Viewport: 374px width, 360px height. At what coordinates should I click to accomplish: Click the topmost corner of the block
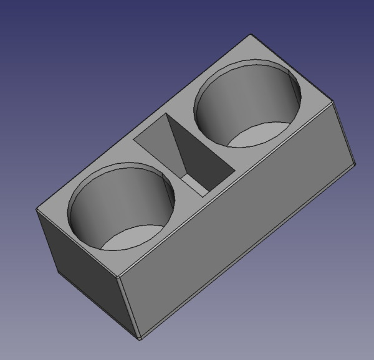point(251,35)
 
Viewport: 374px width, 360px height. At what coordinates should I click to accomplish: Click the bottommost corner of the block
point(140,339)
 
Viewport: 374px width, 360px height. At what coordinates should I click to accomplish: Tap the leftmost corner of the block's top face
point(37,209)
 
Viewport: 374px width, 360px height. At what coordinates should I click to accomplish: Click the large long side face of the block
point(237,224)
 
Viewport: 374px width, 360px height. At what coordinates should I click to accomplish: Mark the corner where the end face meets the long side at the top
point(120,276)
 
